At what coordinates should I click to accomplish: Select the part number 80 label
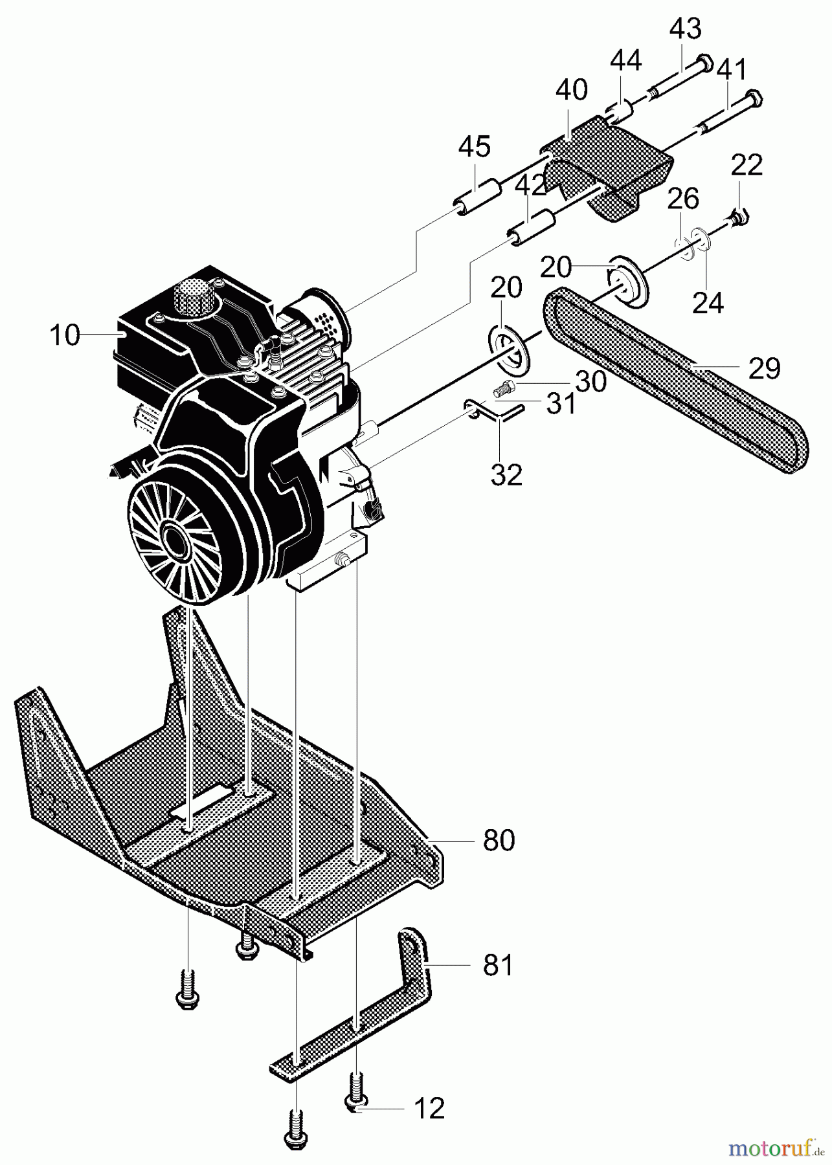pyautogui.click(x=499, y=840)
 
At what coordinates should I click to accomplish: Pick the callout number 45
pyautogui.click(x=474, y=146)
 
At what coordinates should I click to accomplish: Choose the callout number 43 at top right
pyautogui.click(x=685, y=29)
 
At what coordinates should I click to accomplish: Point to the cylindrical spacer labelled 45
pyautogui.click(x=480, y=196)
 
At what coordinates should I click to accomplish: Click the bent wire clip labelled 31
pyautogui.click(x=495, y=410)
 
